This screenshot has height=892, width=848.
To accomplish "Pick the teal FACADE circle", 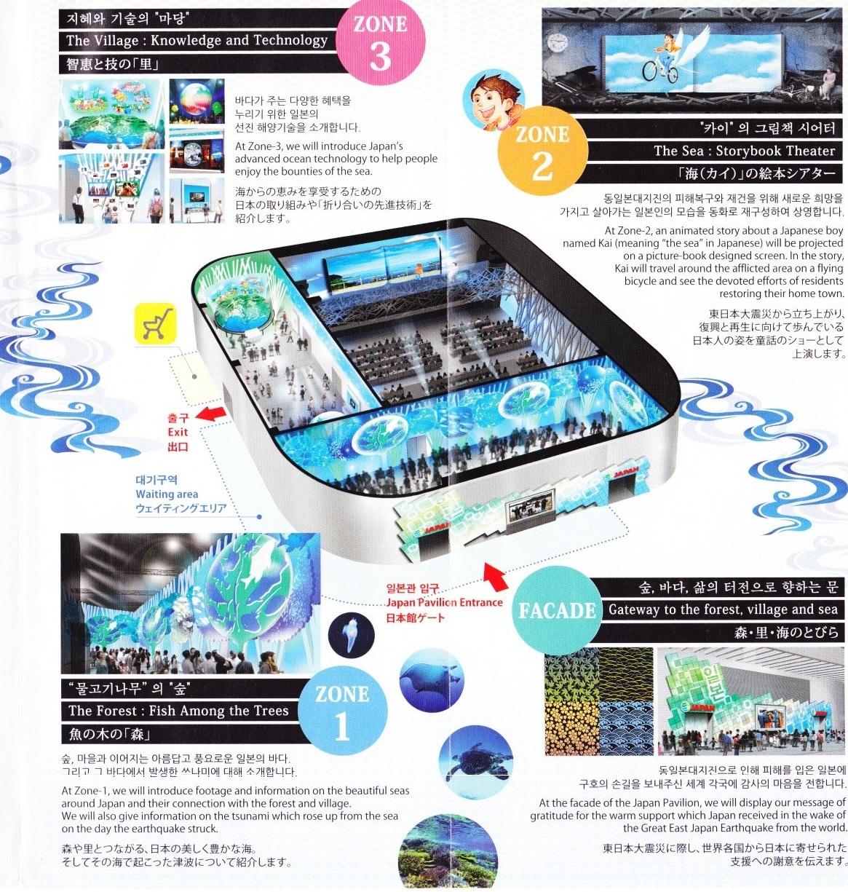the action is pyautogui.click(x=558, y=611).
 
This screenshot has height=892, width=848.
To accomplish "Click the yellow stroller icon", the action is pyautogui.click(x=155, y=323).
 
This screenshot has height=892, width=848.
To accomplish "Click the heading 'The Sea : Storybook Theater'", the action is pyautogui.click(x=744, y=151).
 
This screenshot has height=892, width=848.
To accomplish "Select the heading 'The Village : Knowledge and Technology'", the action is pyautogui.click(x=197, y=40).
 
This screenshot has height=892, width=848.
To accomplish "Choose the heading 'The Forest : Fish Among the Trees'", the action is pyautogui.click(x=178, y=710).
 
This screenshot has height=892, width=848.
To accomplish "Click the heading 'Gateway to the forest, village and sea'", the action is pyautogui.click(x=723, y=609).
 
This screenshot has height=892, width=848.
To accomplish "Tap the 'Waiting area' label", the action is pyautogui.click(x=167, y=494).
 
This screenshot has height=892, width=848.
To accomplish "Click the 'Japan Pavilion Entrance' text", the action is pyautogui.click(x=444, y=602).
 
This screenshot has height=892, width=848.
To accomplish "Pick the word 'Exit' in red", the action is pyautogui.click(x=178, y=432).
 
